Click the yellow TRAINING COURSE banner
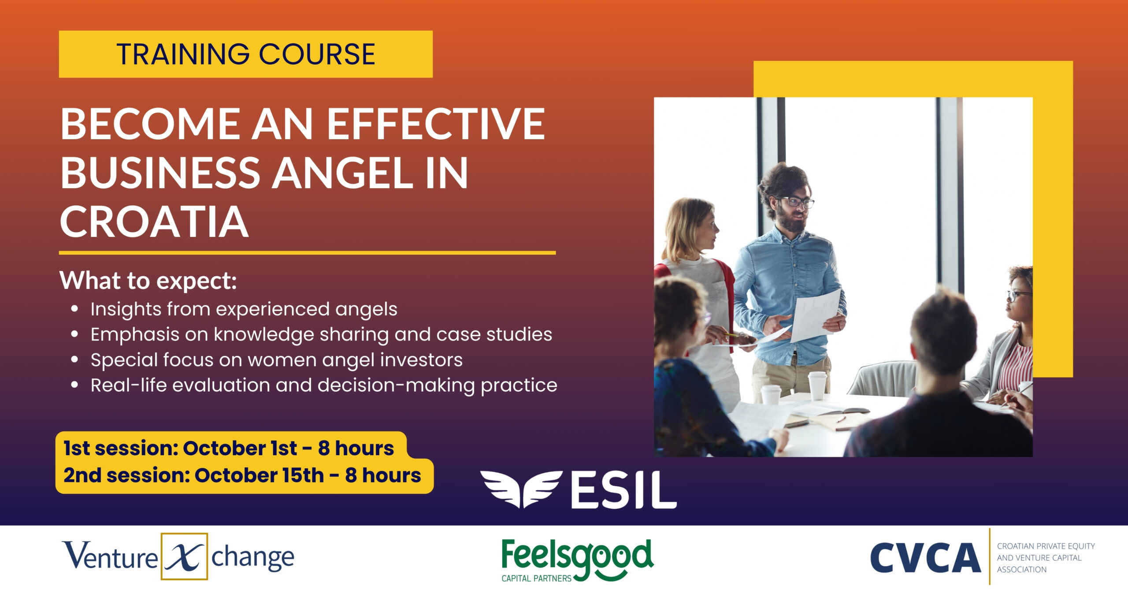(245, 54)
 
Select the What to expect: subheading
(148, 281)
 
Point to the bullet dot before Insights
(75, 309)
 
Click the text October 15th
(259, 476)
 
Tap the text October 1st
(240, 448)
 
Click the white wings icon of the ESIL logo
(521, 489)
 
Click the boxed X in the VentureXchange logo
(184, 556)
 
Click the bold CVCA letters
(925, 558)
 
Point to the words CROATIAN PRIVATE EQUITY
(1046, 546)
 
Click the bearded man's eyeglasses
(798, 202)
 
